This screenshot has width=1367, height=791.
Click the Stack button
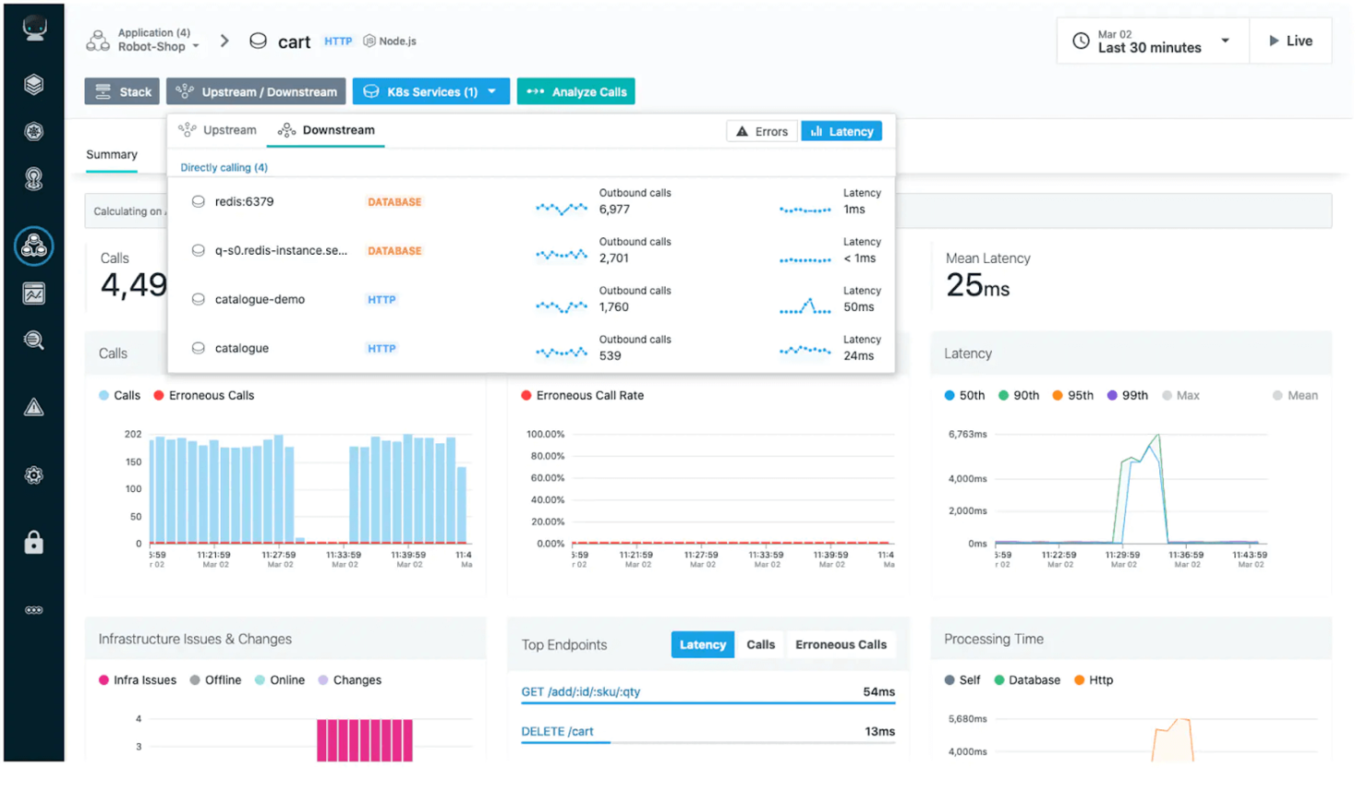coord(122,91)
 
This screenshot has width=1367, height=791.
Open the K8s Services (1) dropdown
coord(430,91)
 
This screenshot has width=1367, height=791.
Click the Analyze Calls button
coord(575,91)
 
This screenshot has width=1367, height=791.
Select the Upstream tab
coord(218,130)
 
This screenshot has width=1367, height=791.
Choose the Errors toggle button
coord(762,131)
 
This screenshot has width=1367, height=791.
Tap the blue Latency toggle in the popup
coord(841,131)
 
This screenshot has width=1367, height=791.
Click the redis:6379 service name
coord(244,201)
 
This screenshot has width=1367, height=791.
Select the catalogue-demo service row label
coord(260,299)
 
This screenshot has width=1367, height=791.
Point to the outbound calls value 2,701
coord(614,258)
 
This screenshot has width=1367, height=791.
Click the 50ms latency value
coord(858,307)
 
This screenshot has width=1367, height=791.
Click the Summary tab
coord(112,154)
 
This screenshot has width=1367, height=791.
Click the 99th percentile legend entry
coord(1127,395)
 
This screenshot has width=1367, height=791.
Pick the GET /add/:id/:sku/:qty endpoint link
coord(580,691)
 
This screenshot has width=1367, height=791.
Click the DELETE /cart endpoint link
coord(557,731)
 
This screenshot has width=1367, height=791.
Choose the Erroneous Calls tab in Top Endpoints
coord(841,644)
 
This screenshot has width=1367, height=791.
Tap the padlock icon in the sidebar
coord(34,543)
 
